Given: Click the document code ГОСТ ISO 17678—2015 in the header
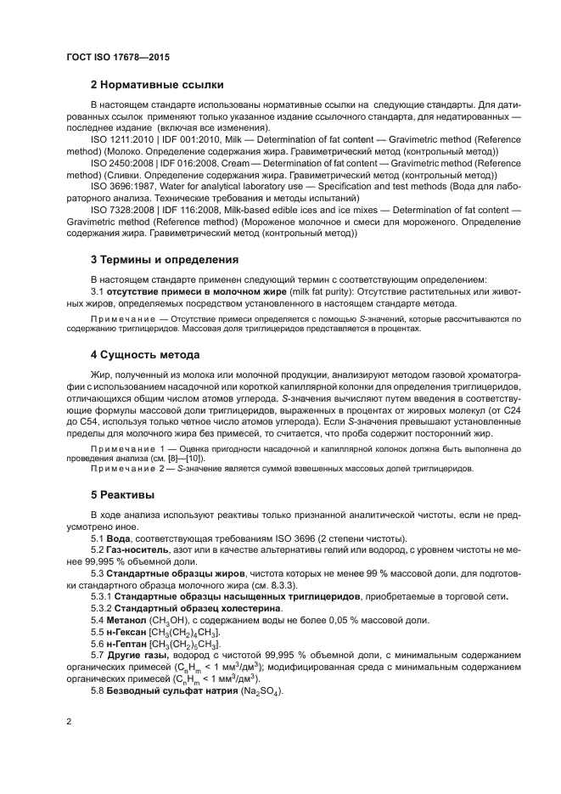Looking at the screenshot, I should point(118,56).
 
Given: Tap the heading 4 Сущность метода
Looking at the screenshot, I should point(145,354).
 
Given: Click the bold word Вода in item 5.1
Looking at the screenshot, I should point(118,539).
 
